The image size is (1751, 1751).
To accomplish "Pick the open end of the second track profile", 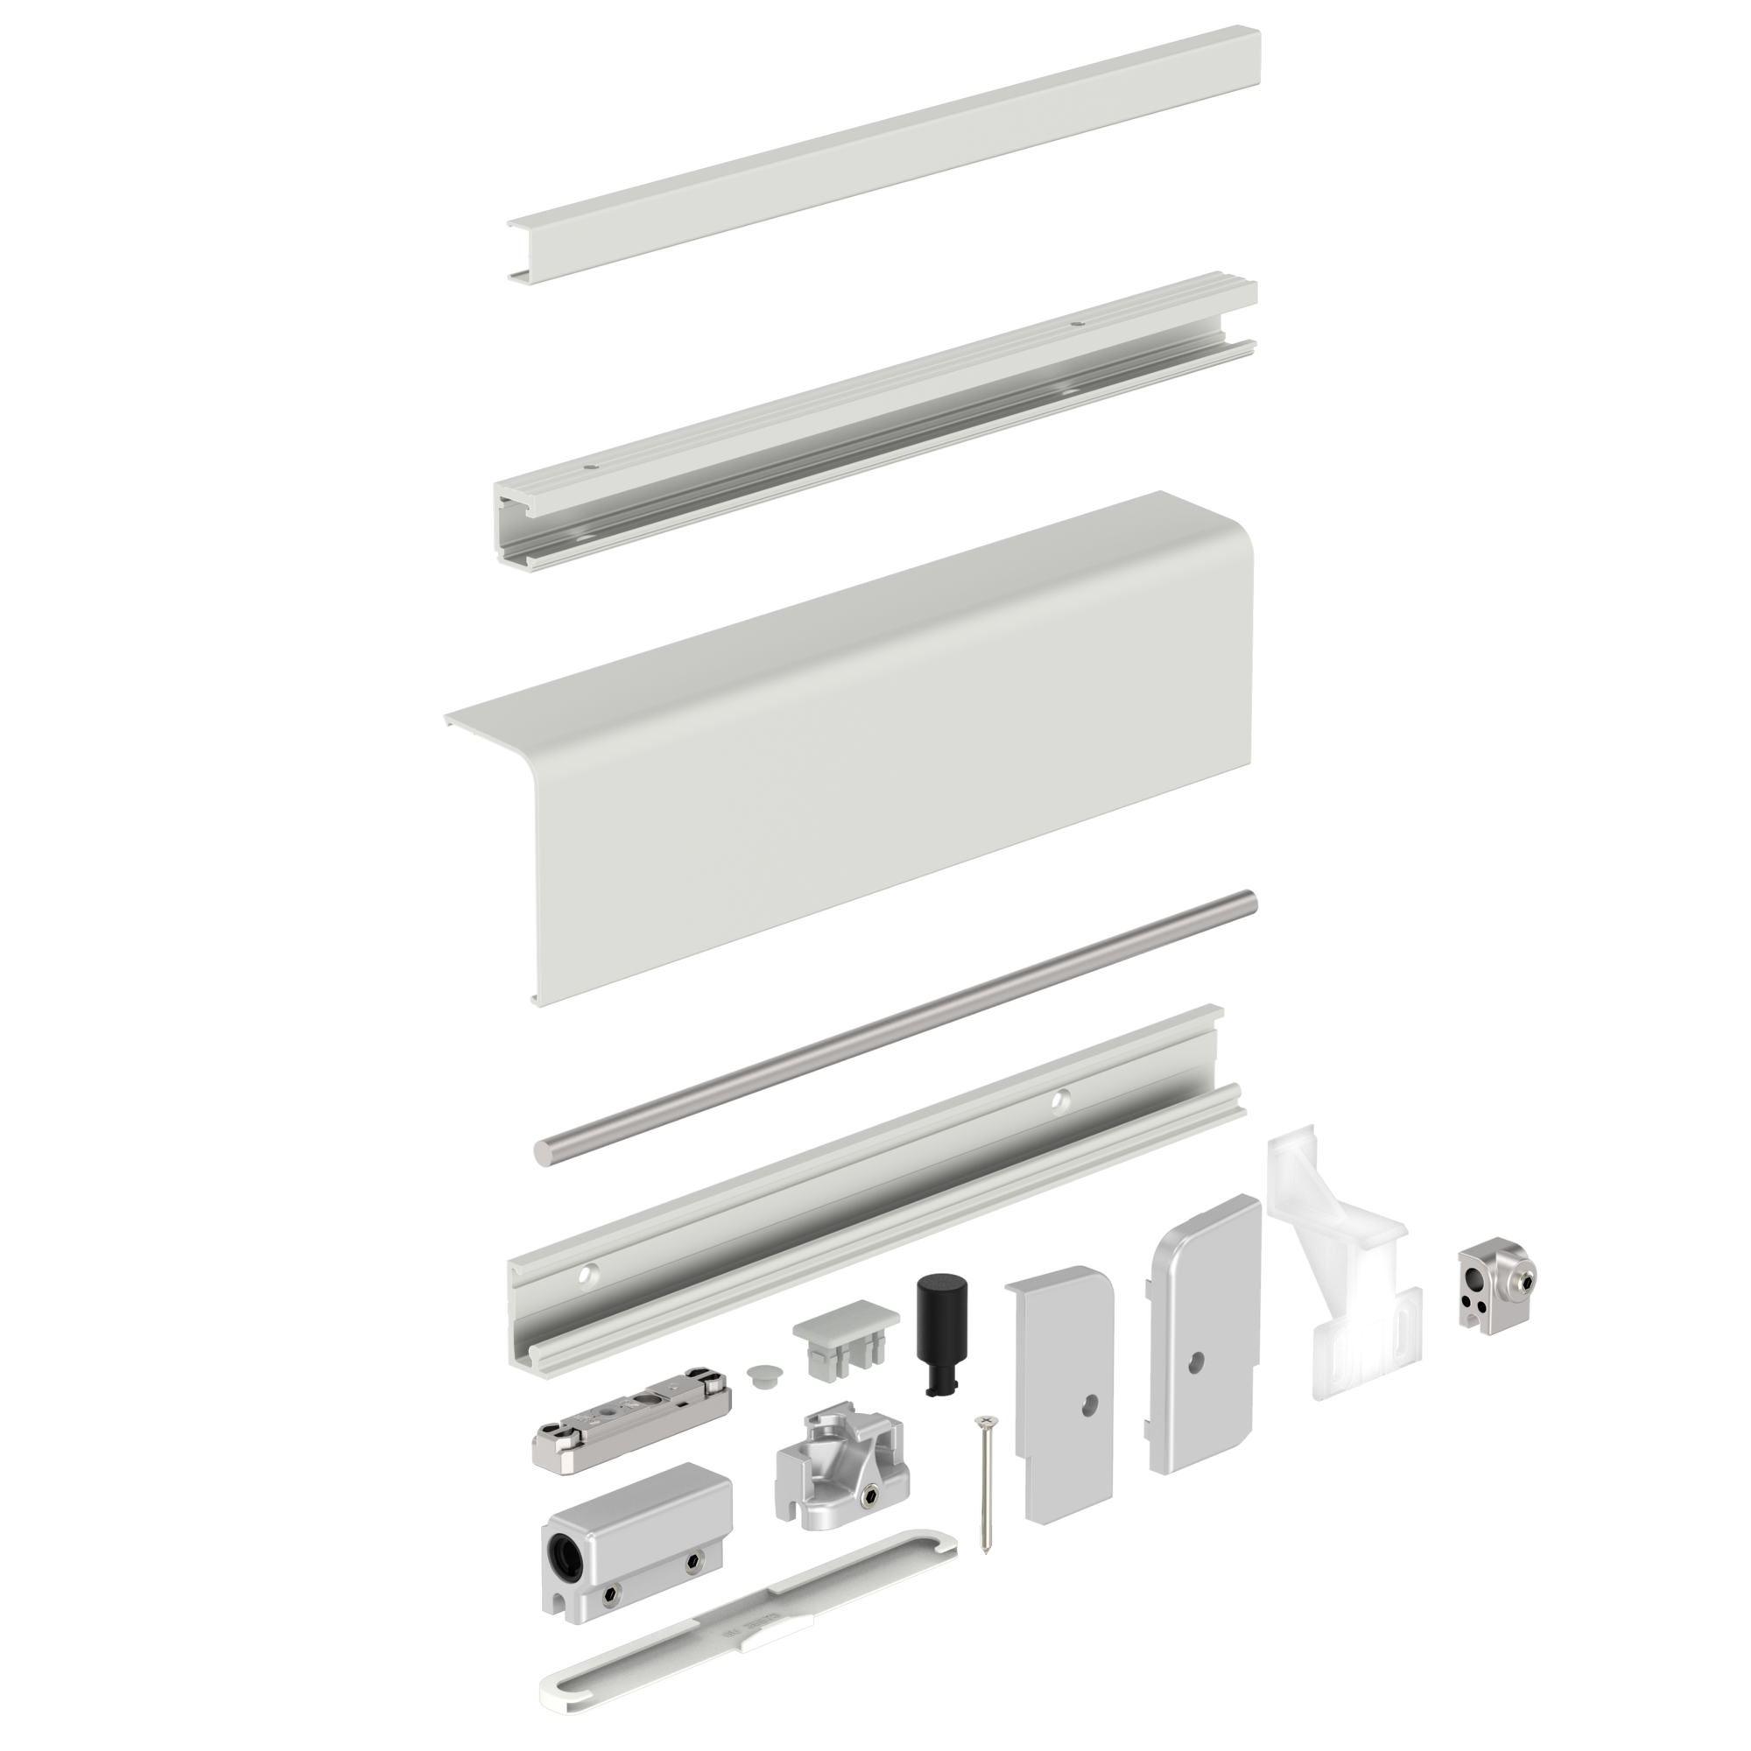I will [517, 525].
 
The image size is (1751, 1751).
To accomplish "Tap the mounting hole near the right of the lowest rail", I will [1055, 1101].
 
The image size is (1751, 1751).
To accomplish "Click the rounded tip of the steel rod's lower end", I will [541, 1155].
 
